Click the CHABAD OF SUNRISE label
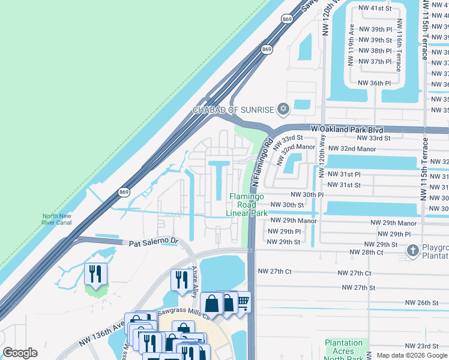point(233,110)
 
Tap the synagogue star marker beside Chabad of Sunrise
point(283,109)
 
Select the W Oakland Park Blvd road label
point(347,129)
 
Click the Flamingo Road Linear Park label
point(247,205)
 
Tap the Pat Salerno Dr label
point(154,243)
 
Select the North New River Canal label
point(56,220)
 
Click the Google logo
point(20,353)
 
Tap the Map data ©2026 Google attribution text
point(408,355)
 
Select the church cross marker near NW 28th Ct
point(413,250)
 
